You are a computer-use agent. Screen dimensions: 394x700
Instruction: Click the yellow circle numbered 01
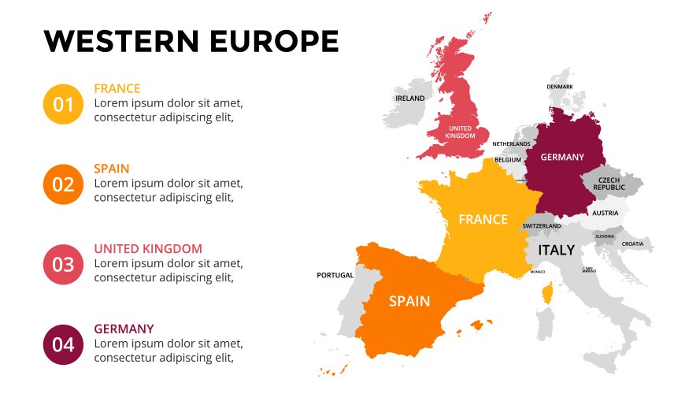tap(63, 104)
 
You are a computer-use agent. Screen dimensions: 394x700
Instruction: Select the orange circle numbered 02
tap(63, 184)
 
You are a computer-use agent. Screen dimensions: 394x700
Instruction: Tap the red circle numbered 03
tap(63, 265)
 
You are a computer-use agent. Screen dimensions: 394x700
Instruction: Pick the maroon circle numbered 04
tap(63, 344)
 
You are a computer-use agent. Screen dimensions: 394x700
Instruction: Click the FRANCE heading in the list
tap(117, 88)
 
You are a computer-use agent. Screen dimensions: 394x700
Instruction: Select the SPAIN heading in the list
tap(112, 169)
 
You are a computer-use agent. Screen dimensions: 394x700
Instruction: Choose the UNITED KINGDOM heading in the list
tap(148, 248)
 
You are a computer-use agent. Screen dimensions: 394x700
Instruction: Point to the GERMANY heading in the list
tap(124, 329)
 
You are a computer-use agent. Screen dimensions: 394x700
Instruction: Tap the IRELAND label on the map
tap(409, 98)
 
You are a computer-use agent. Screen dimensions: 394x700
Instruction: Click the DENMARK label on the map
tap(560, 87)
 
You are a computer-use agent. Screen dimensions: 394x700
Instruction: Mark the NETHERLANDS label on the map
tap(511, 144)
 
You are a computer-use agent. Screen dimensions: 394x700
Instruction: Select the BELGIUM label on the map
tap(508, 160)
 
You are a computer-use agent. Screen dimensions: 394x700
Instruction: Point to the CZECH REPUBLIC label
tap(609, 184)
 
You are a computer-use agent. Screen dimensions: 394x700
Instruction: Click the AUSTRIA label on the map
tap(606, 213)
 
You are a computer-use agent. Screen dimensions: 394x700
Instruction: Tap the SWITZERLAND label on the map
tap(542, 226)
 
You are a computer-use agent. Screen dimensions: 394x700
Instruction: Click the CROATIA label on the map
tap(632, 244)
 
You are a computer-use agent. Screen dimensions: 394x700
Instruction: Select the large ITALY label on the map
tap(556, 250)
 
